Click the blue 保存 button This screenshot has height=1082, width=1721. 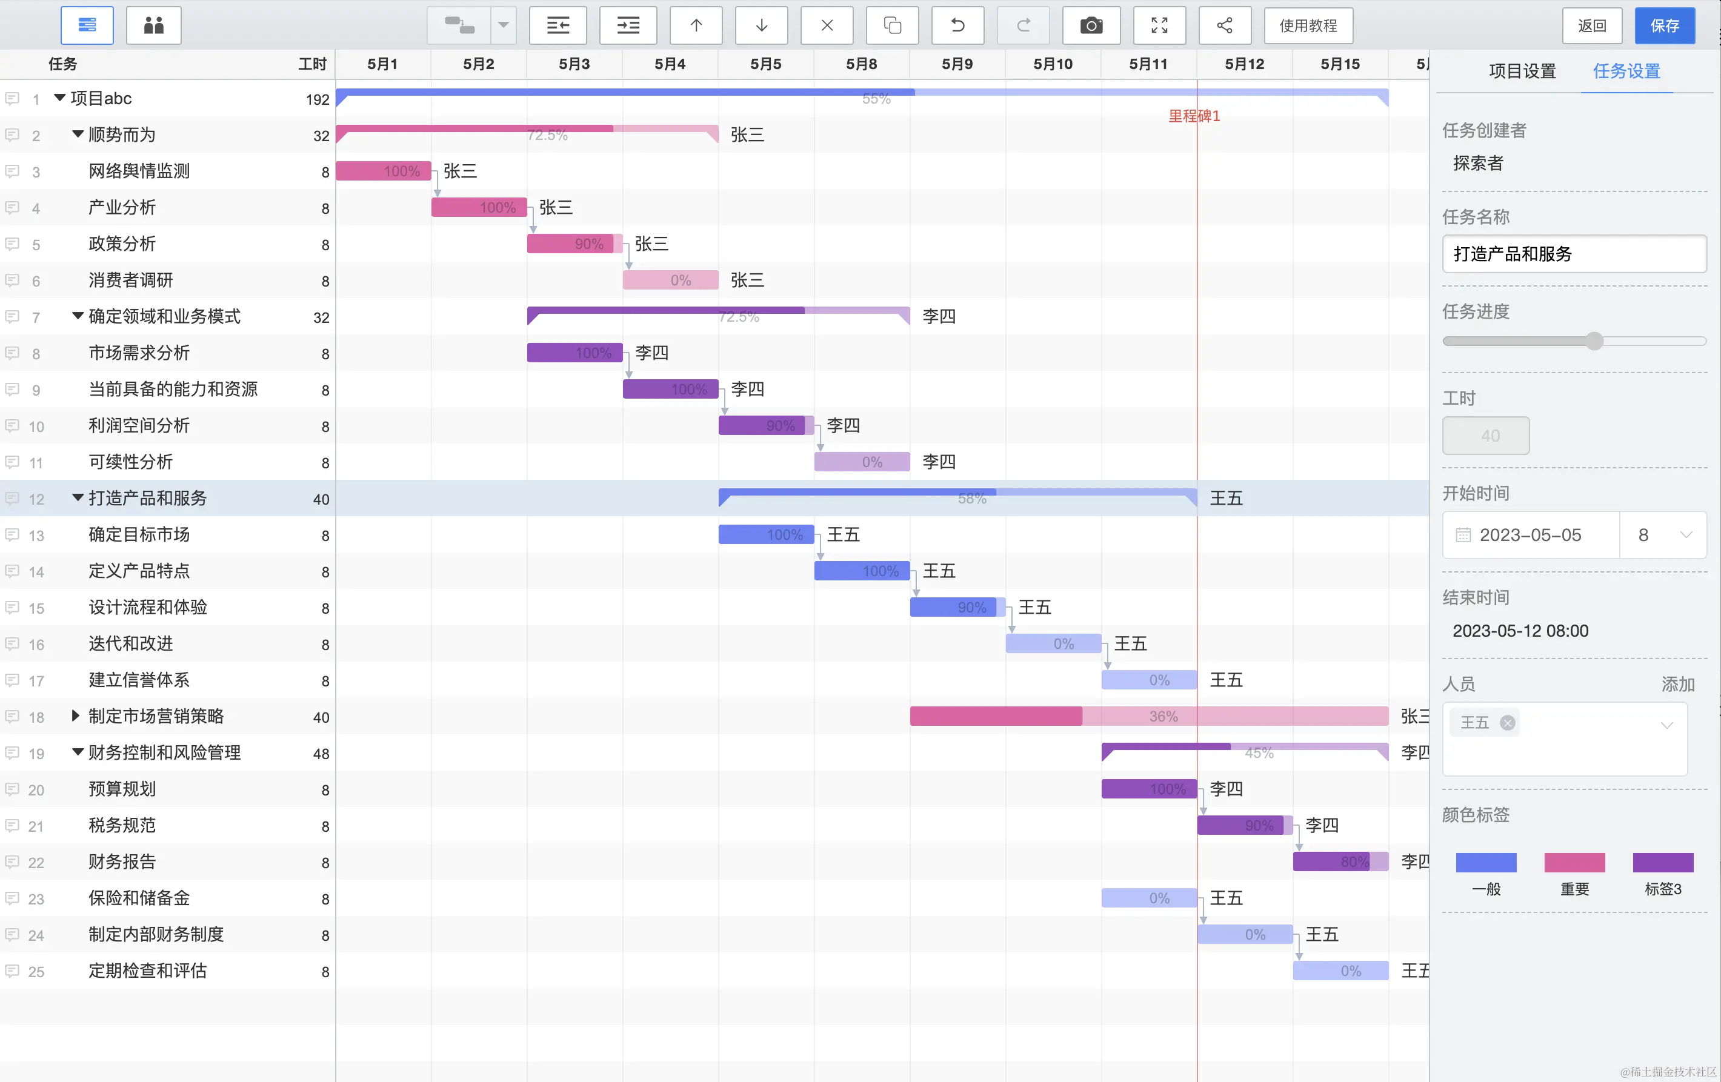(x=1664, y=25)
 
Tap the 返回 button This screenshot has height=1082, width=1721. (x=1592, y=25)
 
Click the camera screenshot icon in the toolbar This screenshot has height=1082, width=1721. (x=1091, y=25)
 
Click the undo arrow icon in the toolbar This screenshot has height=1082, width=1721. (x=957, y=25)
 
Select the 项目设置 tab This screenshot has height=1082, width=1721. (x=1522, y=71)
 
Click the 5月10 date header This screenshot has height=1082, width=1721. (x=1053, y=64)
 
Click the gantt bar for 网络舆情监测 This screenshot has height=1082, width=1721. (x=383, y=171)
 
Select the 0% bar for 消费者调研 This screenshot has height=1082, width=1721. (x=670, y=280)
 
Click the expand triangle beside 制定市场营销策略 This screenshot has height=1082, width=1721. (x=76, y=715)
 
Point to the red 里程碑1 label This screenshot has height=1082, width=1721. (x=1194, y=116)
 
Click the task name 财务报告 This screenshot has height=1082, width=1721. (x=122, y=862)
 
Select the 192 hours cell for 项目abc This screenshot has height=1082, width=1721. (x=318, y=99)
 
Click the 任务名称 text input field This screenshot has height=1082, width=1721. (x=1574, y=254)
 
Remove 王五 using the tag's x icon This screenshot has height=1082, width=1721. (x=1507, y=723)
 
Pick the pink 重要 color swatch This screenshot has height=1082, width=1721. (x=1574, y=863)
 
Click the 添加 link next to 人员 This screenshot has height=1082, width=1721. (x=1677, y=684)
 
